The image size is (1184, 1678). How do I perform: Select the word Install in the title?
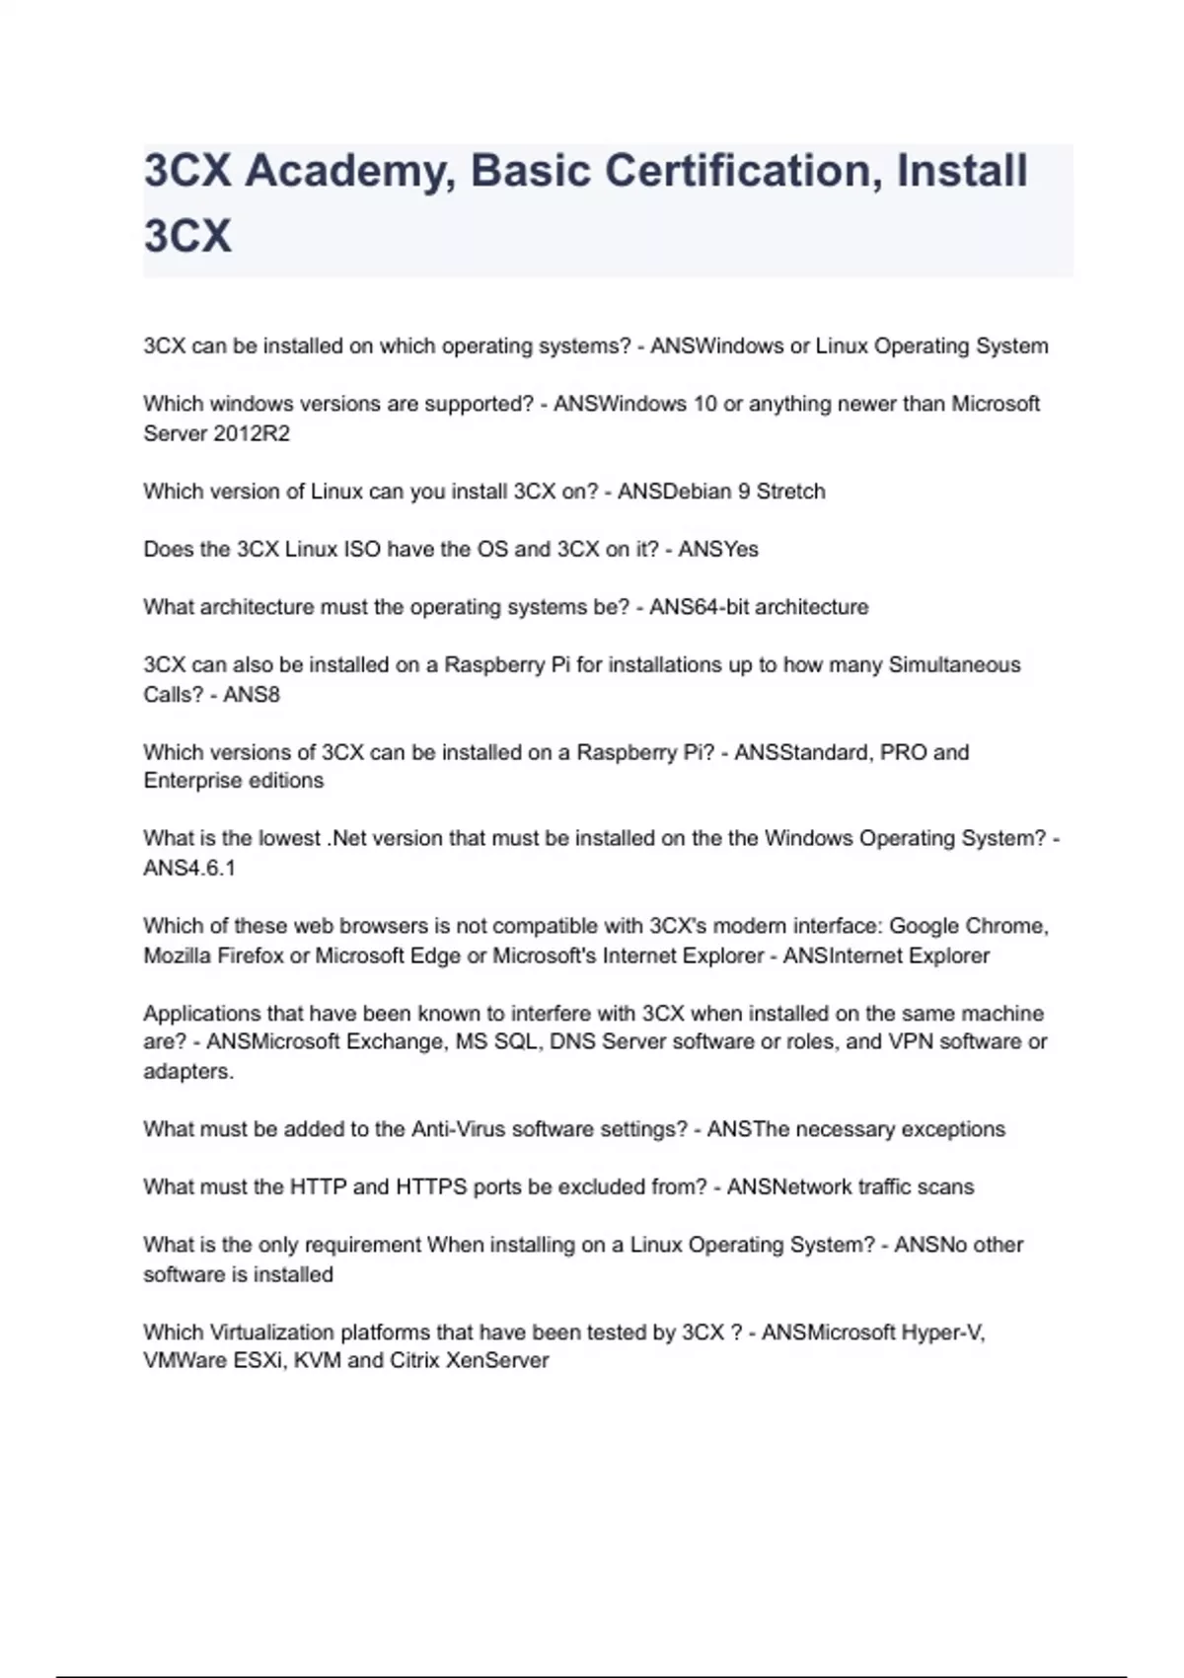pos(962,171)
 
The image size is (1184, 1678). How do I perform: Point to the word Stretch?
pos(790,492)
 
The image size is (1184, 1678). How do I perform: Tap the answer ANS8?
pos(252,695)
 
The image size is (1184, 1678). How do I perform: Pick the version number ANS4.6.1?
pos(189,869)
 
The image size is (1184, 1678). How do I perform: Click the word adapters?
pos(188,1072)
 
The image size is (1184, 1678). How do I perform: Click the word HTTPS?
pos(431,1186)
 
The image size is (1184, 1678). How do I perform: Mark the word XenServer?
pos(497,1361)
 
